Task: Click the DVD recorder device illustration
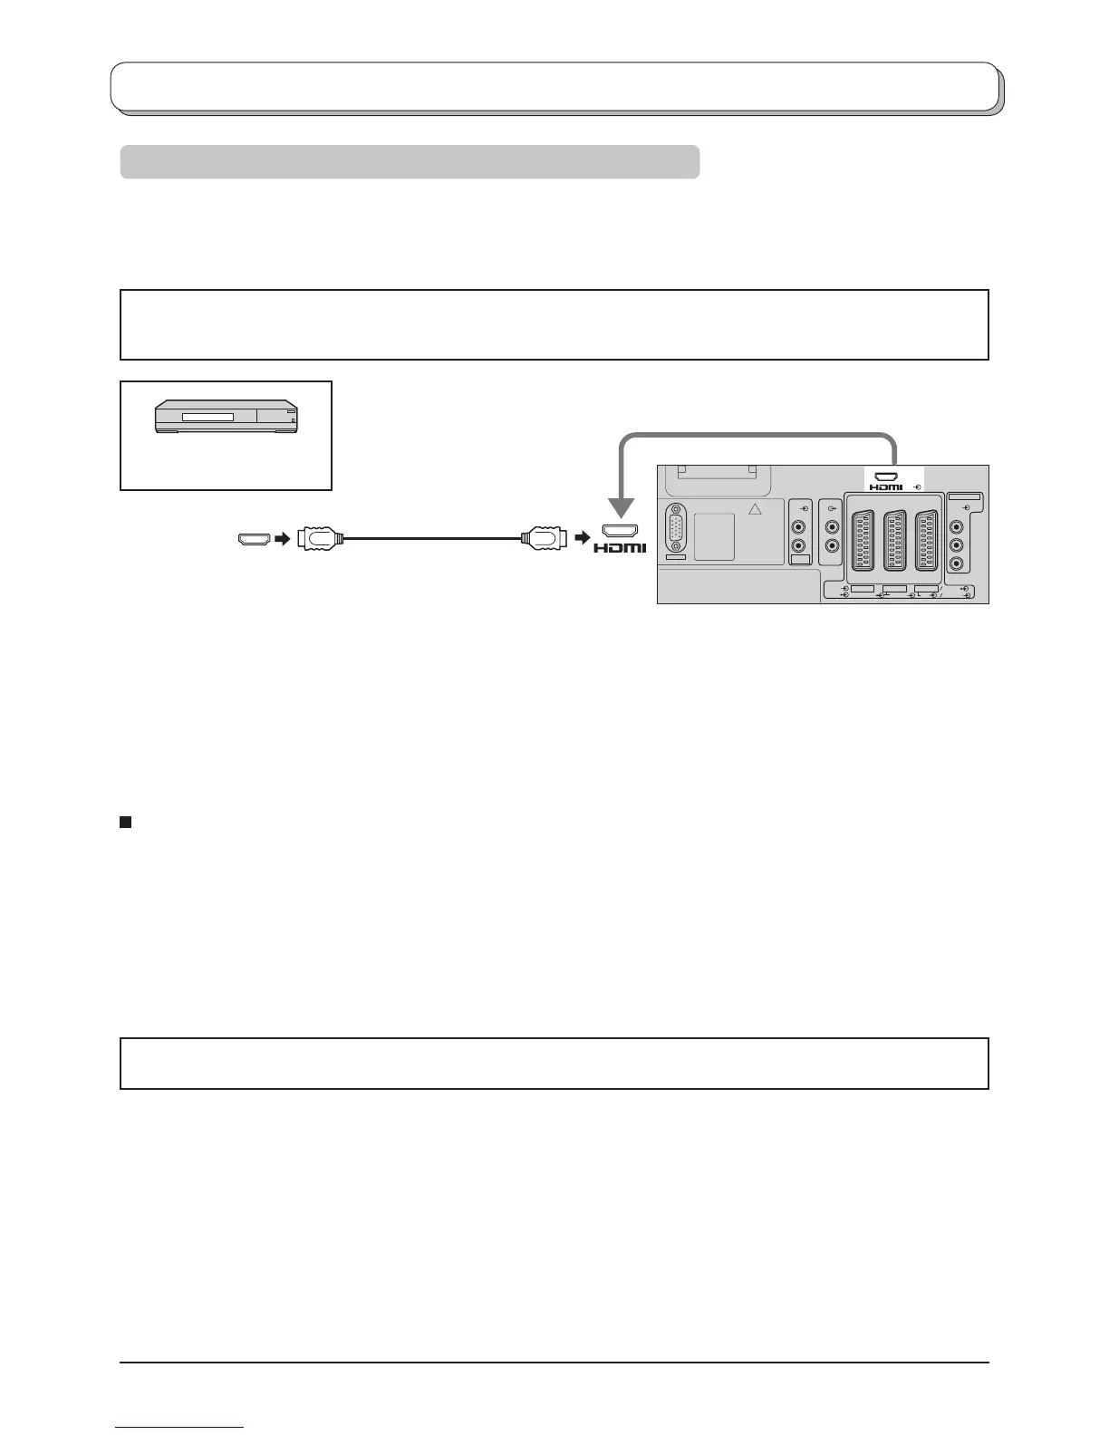[x=226, y=418]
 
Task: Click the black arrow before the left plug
[x=283, y=539]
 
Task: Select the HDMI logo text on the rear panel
[x=885, y=487]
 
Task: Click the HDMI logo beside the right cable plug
[x=621, y=547]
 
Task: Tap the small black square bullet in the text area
[x=126, y=822]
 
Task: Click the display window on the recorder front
[x=207, y=418]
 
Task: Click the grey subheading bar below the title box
[x=410, y=161]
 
